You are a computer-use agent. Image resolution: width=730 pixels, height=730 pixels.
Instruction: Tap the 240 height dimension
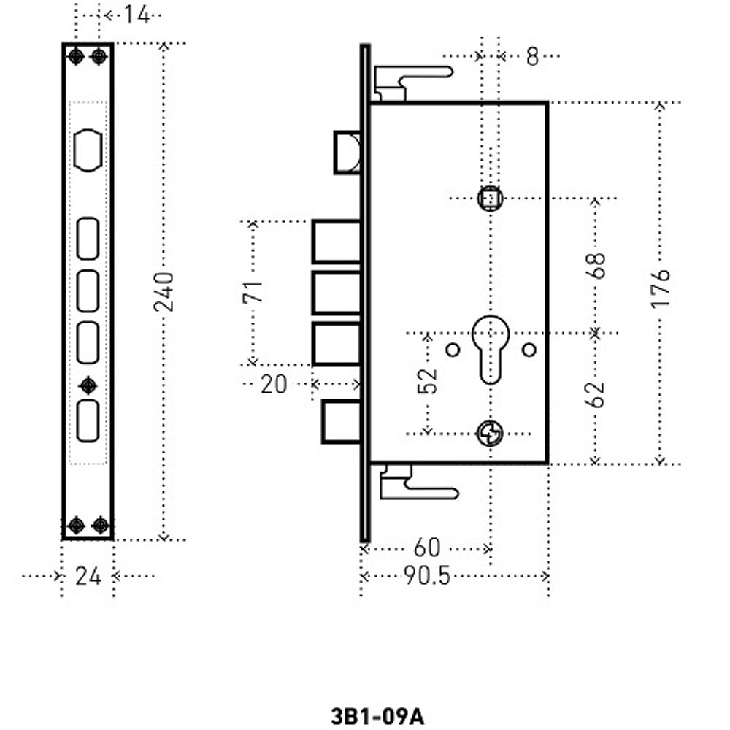tap(165, 291)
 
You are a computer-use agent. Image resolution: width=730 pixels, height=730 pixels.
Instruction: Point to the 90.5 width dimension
tap(427, 576)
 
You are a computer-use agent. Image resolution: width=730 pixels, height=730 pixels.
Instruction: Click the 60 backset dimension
tap(427, 547)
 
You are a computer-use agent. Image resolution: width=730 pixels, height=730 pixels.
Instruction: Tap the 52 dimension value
tap(429, 380)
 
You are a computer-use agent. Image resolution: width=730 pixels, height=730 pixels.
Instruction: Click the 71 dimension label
tap(253, 291)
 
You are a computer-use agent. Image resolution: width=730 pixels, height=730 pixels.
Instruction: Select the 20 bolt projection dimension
tap(274, 384)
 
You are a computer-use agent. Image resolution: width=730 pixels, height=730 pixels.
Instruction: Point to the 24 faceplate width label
tap(88, 577)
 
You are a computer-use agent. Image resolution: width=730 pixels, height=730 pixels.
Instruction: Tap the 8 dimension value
tap(532, 56)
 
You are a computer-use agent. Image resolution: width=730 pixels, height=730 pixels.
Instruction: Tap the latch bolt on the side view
tap(347, 152)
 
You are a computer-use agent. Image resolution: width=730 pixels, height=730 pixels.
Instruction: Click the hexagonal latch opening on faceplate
tap(88, 151)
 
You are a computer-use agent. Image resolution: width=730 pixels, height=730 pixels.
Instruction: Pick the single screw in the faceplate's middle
tap(88, 385)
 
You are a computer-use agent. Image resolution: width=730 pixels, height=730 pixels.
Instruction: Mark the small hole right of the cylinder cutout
tap(529, 349)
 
